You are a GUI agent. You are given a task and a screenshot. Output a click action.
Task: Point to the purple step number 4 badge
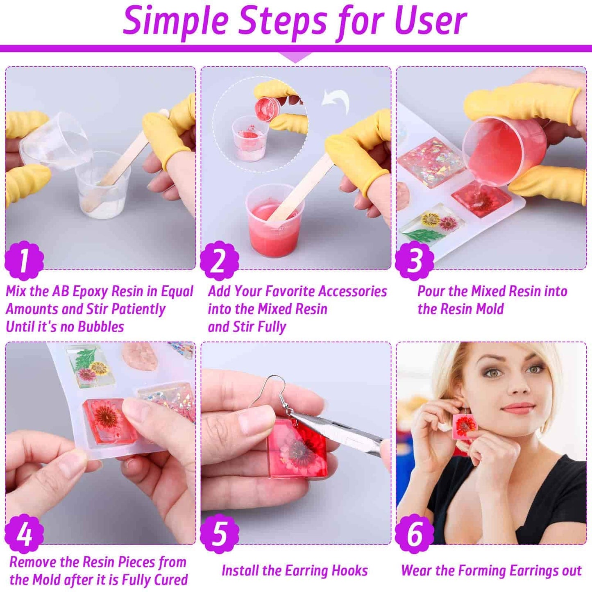pos(24,534)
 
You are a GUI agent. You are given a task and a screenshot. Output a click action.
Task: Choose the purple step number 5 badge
pos(220,534)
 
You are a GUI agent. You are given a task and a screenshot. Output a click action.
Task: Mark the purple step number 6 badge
pos(415,534)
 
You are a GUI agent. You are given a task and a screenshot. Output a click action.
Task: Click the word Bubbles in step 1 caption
pos(101,327)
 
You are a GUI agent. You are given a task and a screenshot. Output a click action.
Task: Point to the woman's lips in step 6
pos(518,408)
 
